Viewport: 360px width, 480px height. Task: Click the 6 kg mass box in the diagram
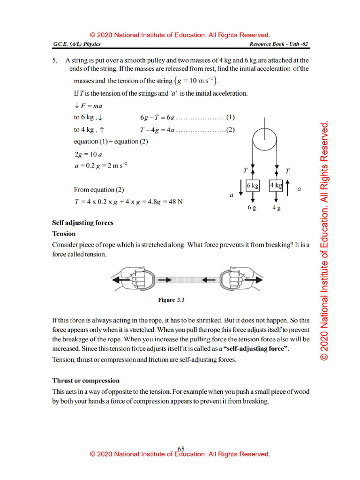[x=253, y=185]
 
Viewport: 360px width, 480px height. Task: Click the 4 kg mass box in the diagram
[x=276, y=185]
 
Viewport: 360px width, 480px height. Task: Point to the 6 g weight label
[x=252, y=208]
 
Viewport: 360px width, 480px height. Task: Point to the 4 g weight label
[x=276, y=208]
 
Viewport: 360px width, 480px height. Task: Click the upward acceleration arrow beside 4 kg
[x=288, y=186]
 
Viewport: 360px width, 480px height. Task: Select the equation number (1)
[x=230, y=117]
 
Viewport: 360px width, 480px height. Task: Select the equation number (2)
[x=230, y=130]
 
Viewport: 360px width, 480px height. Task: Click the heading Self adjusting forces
[x=82, y=223]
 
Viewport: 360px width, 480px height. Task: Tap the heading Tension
[x=64, y=233]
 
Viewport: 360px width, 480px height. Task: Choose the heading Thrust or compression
[x=86, y=381]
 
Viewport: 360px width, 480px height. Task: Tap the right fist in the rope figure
[x=232, y=280]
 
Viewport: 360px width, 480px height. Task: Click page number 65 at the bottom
[x=181, y=449]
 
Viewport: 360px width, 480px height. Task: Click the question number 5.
[x=55, y=60]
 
